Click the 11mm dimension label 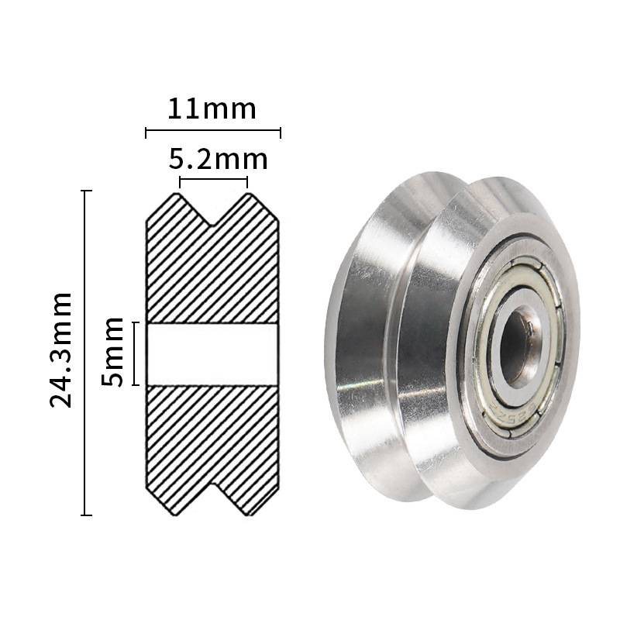212,108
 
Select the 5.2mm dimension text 218,160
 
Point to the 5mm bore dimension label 113,352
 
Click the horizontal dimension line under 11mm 213,133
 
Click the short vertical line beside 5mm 135,353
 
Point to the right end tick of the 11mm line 280,133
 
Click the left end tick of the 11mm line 146,133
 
